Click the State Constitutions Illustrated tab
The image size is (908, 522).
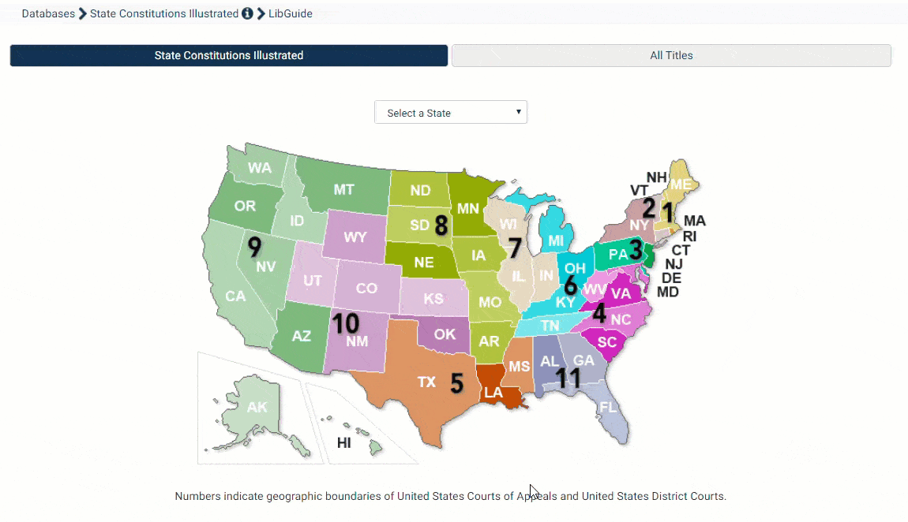(x=229, y=55)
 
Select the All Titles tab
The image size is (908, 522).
(x=671, y=55)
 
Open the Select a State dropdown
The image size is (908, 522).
(x=450, y=113)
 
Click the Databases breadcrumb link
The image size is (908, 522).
(x=48, y=13)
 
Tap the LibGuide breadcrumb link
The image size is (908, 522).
(x=290, y=13)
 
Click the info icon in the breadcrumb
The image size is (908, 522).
(x=247, y=13)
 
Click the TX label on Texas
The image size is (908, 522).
(x=426, y=382)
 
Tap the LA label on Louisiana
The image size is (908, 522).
(x=493, y=393)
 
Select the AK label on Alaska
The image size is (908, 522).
(x=257, y=408)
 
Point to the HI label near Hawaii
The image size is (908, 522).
(x=344, y=443)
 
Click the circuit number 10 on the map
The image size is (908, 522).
(x=345, y=323)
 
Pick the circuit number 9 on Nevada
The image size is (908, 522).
(x=254, y=247)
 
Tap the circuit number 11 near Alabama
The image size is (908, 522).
(x=568, y=378)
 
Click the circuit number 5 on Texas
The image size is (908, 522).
(x=456, y=383)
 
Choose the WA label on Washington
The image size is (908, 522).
(x=260, y=168)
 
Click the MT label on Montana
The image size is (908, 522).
(x=343, y=189)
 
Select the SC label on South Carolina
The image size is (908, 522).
(x=607, y=342)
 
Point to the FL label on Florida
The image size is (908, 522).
(x=608, y=408)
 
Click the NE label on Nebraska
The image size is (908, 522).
(x=424, y=262)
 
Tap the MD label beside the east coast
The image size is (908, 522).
(x=668, y=293)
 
